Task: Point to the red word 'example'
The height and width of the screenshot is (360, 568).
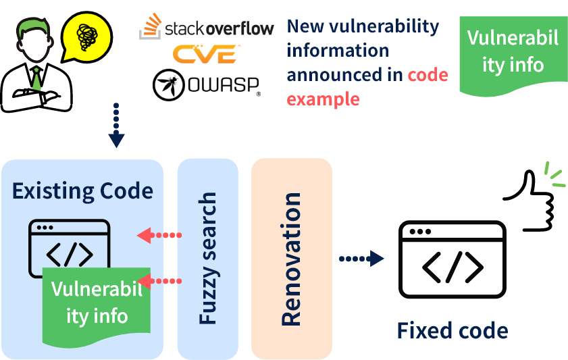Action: tap(323, 99)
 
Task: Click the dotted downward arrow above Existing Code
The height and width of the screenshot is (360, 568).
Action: tap(116, 126)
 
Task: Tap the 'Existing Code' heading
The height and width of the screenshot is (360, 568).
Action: tap(82, 191)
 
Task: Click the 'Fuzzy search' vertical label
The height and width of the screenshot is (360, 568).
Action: tap(208, 258)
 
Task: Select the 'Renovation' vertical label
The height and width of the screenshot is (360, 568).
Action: tap(291, 259)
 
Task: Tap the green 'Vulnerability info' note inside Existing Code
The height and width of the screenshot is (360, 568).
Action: tap(97, 303)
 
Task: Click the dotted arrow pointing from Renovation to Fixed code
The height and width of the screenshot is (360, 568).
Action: tap(361, 259)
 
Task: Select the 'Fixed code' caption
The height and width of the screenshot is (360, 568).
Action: tap(452, 331)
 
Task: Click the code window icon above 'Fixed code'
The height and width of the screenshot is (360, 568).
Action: tap(452, 259)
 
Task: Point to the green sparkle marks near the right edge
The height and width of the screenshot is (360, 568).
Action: tap(554, 174)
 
